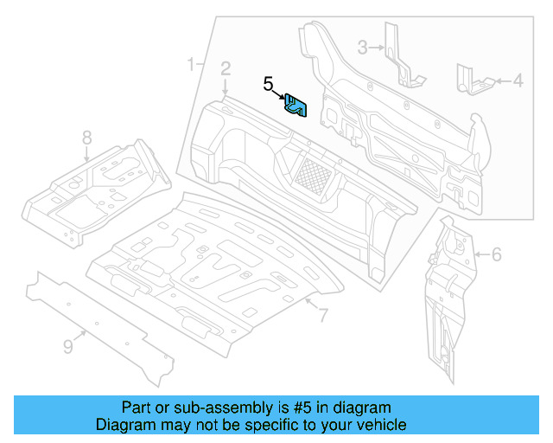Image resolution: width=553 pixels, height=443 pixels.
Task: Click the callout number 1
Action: pyautogui.click(x=192, y=63)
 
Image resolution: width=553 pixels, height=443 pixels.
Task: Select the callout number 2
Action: pyautogui.click(x=225, y=68)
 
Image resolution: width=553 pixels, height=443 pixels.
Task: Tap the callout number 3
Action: pyautogui.click(x=363, y=47)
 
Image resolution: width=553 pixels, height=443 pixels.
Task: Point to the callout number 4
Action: pyautogui.click(x=518, y=81)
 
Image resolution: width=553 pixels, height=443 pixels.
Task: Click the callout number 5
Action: pyautogui.click(x=269, y=84)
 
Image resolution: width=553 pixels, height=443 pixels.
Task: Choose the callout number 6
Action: pyautogui.click(x=496, y=254)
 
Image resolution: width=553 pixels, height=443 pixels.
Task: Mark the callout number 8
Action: pyautogui.click(x=86, y=137)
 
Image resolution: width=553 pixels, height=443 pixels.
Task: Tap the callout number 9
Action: pyautogui.click(x=68, y=347)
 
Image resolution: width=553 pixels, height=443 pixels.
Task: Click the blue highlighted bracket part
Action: pyautogui.click(x=296, y=106)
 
